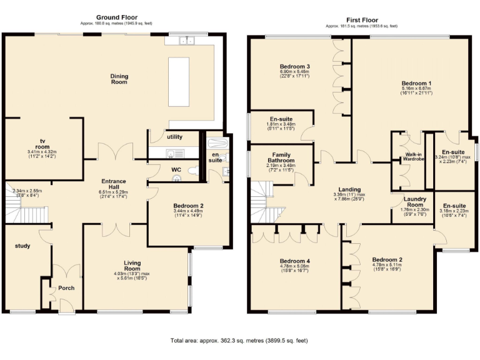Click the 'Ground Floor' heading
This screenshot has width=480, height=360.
tap(117, 17)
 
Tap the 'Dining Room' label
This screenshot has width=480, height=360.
tap(119, 79)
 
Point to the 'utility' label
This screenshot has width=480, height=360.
tap(174, 136)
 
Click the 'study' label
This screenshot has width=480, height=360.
tap(22, 246)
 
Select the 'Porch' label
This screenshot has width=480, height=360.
tap(66, 287)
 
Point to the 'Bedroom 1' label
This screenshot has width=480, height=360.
tap(416, 83)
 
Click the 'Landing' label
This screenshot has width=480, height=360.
tap(349, 189)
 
